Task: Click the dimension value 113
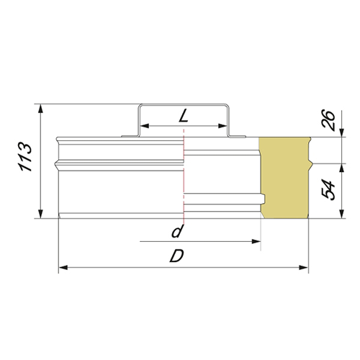pos(24,157)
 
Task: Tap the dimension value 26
pos(328,120)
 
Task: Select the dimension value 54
pos(328,190)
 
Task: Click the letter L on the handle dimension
pos(183,116)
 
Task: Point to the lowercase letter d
pos(177,231)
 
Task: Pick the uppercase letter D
pos(177,256)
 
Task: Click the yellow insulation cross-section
pos(285,178)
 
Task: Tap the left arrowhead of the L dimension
pos(145,126)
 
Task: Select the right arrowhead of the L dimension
pos(222,126)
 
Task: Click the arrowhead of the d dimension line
pos(256,241)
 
